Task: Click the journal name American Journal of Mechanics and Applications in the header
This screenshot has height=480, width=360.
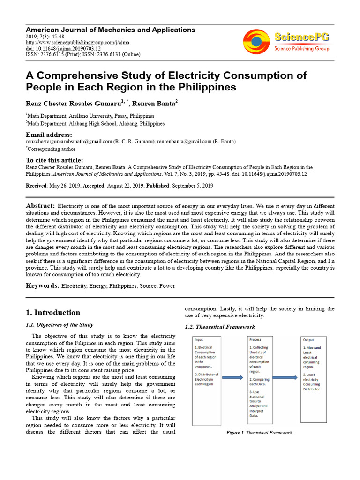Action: click(x=110, y=30)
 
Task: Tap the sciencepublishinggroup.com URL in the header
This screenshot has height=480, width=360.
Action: click(x=77, y=42)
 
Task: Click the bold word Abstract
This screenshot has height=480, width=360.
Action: click(x=40, y=206)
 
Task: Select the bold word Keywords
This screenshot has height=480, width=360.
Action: click(x=42, y=285)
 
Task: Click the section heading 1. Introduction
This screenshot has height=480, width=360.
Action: click(x=52, y=312)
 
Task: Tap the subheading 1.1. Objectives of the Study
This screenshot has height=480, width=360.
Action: click(x=59, y=324)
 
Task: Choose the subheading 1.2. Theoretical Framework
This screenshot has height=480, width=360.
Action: click(x=220, y=327)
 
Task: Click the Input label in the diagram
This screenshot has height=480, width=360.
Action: click(x=199, y=340)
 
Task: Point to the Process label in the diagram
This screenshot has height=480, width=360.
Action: click(x=255, y=340)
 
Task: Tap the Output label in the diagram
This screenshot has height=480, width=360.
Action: click(x=309, y=340)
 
